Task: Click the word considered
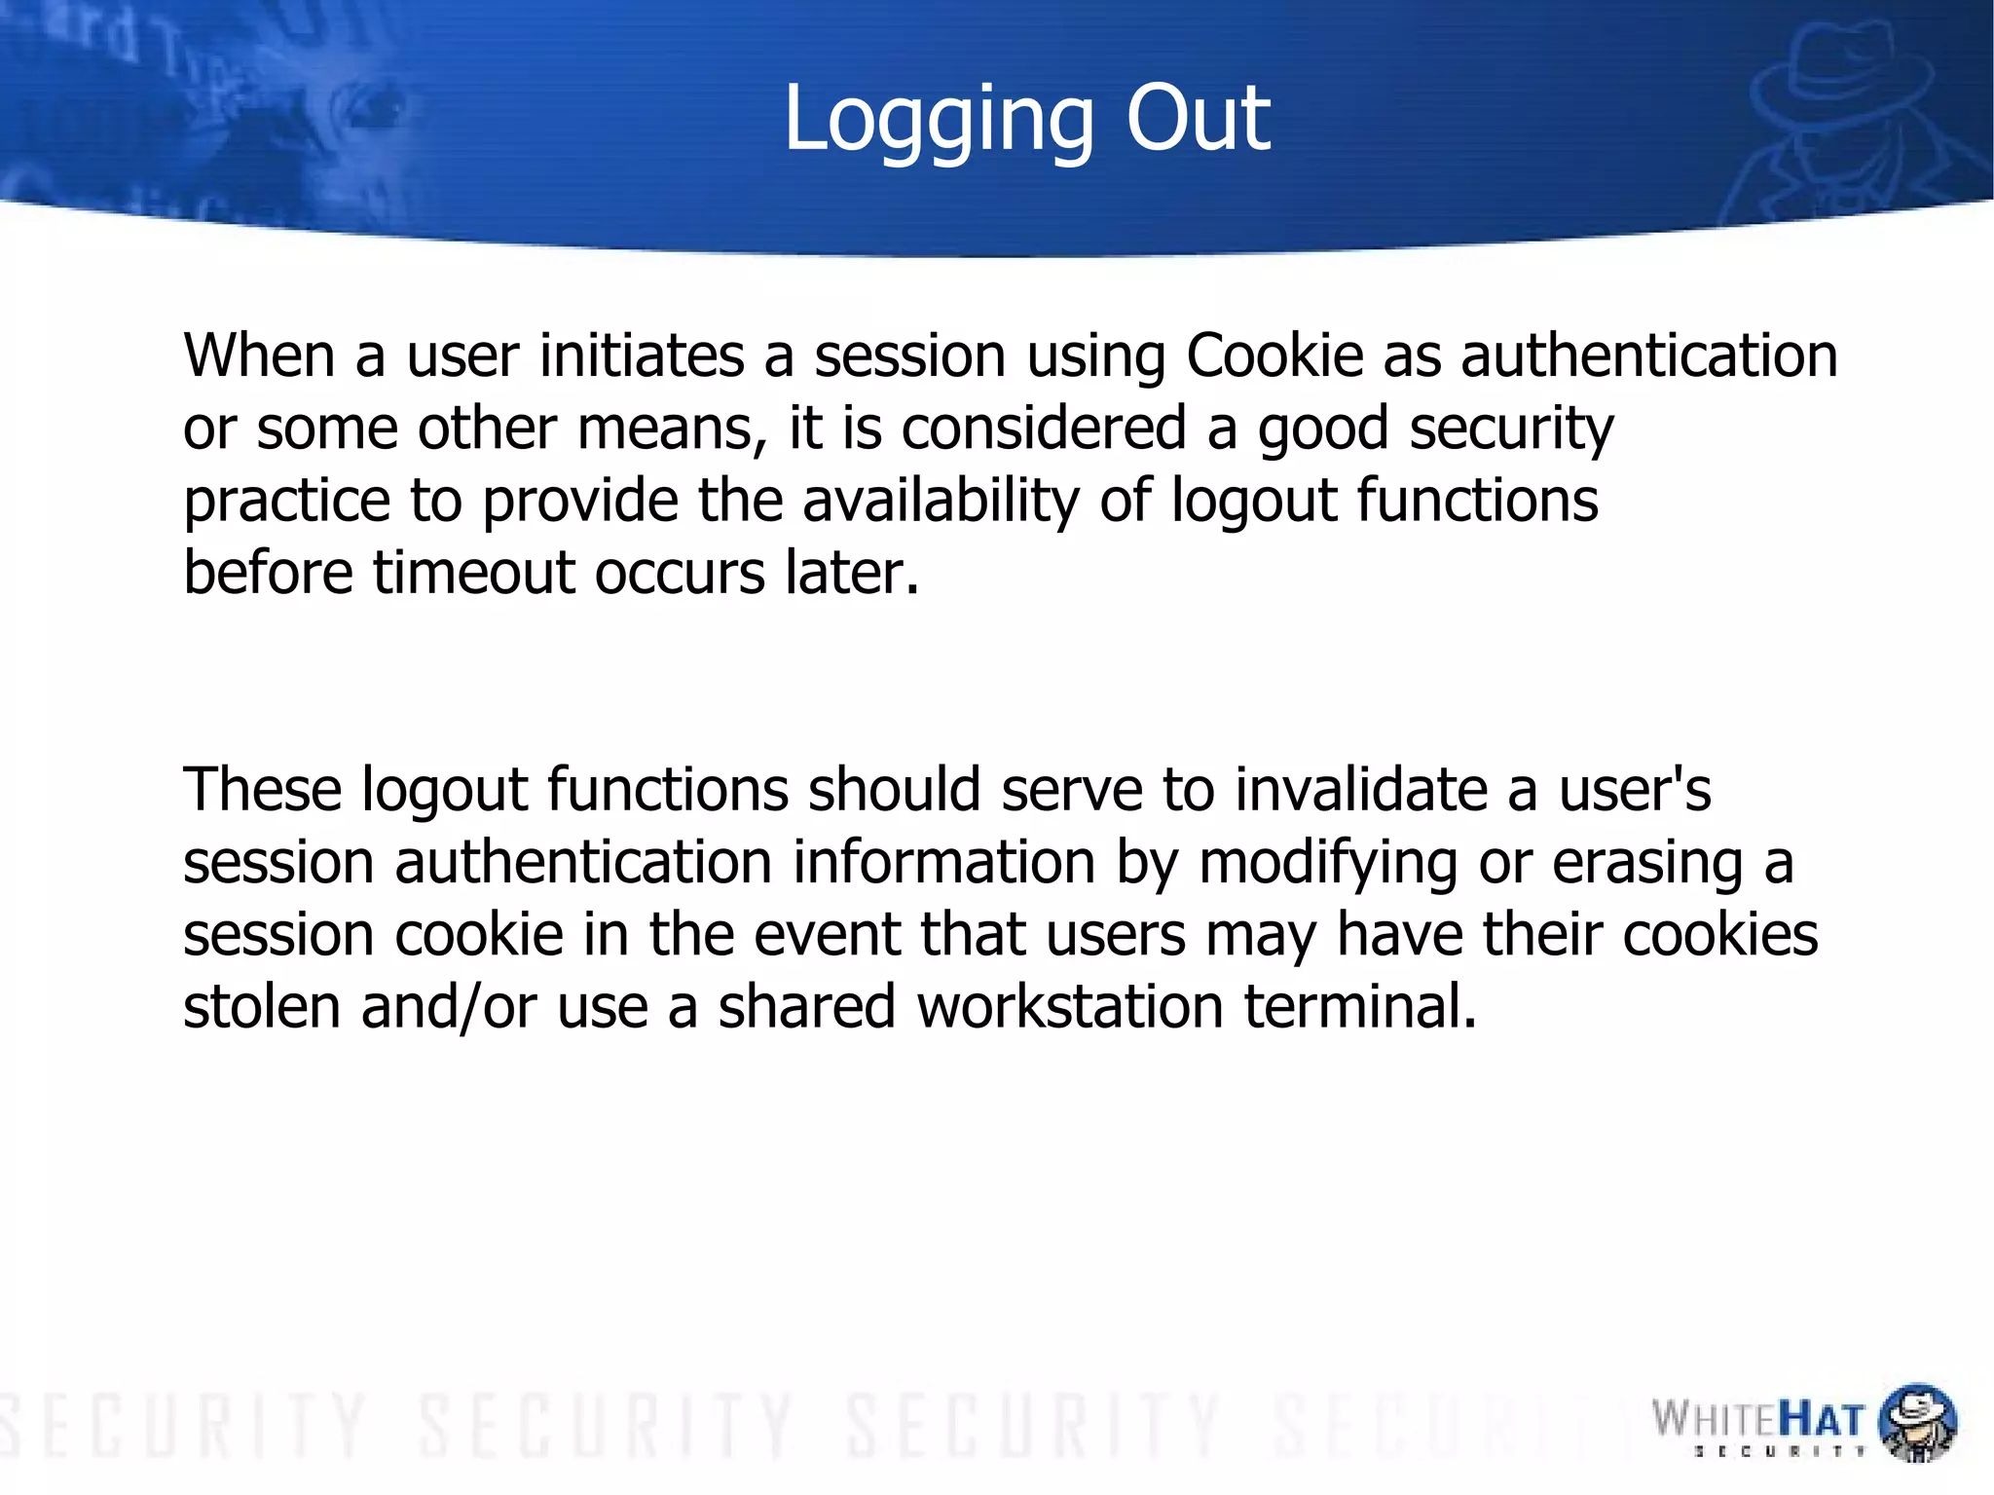click(1044, 428)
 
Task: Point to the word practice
click(286, 501)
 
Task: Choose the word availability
click(941, 501)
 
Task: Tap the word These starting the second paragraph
click(262, 789)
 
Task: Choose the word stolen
click(262, 1006)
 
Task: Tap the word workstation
click(1069, 1006)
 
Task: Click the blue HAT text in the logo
click(1821, 1420)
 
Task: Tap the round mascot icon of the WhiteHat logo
click(1916, 1422)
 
